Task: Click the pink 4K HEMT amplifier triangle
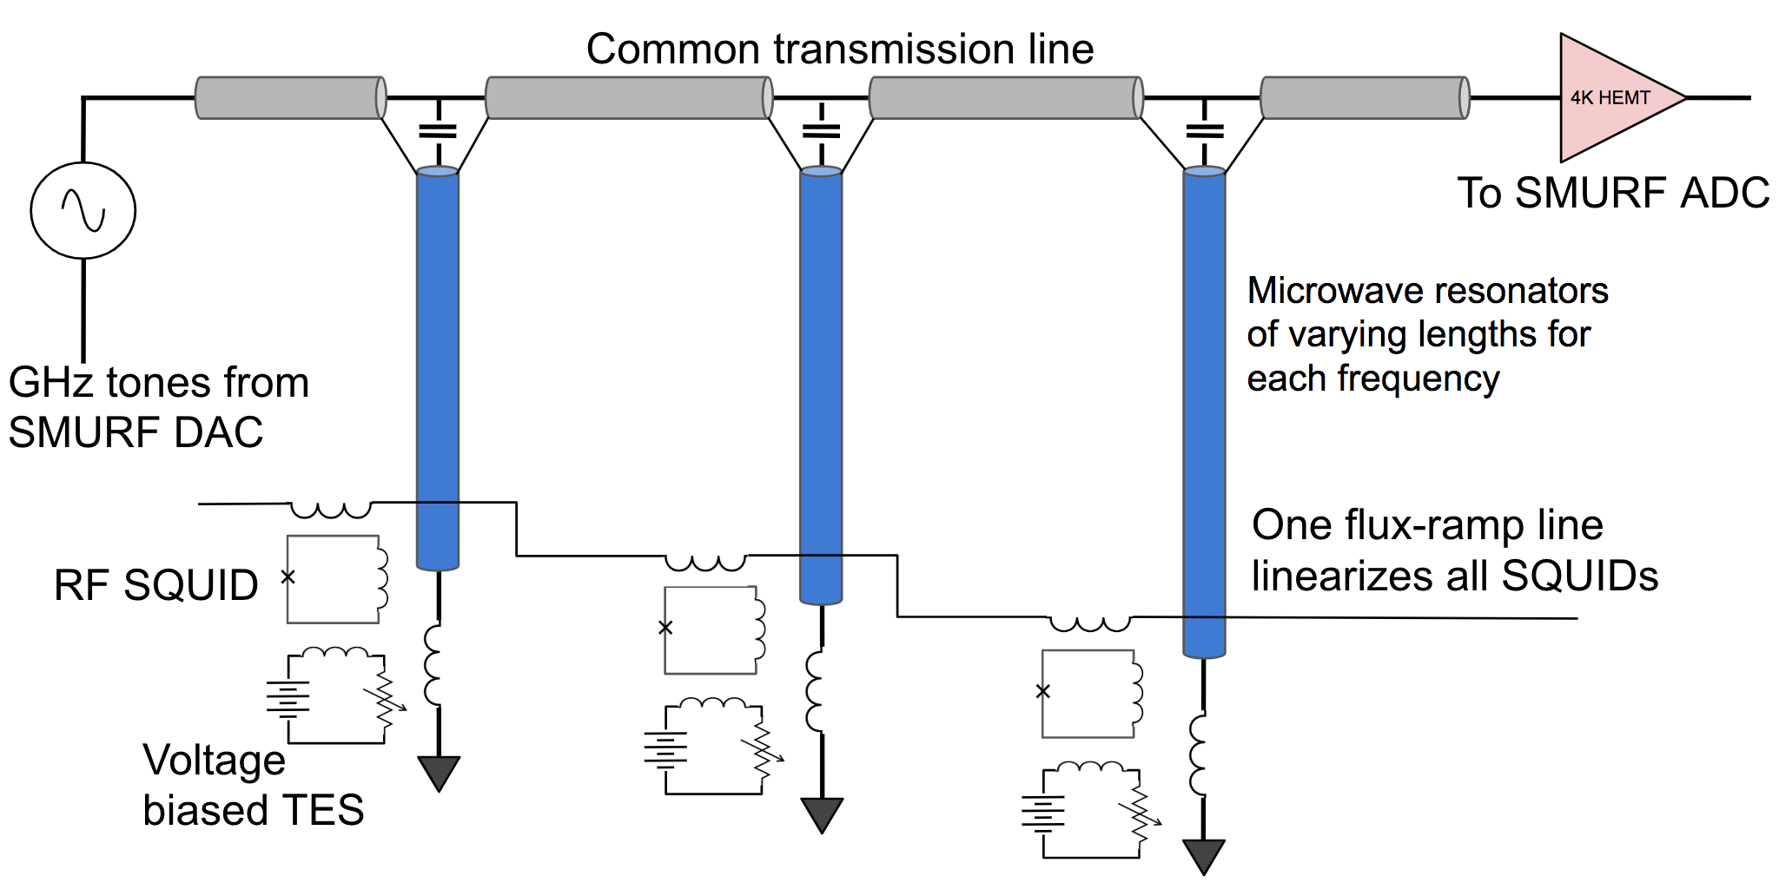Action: click(1607, 98)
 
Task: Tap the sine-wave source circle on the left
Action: click(83, 210)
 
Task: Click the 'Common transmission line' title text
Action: click(839, 49)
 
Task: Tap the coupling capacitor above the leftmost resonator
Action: click(438, 131)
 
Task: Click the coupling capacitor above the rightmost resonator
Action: click(1204, 131)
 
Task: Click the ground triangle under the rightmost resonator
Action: click(1204, 856)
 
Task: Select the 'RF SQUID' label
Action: click(156, 585)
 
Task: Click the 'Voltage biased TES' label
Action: click(252, 785)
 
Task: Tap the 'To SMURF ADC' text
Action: click(1612, 193)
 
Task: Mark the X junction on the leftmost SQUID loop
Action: click(288, 576)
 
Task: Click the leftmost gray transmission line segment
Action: click(290, 97)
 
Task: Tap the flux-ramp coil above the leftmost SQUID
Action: click(331, 509)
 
